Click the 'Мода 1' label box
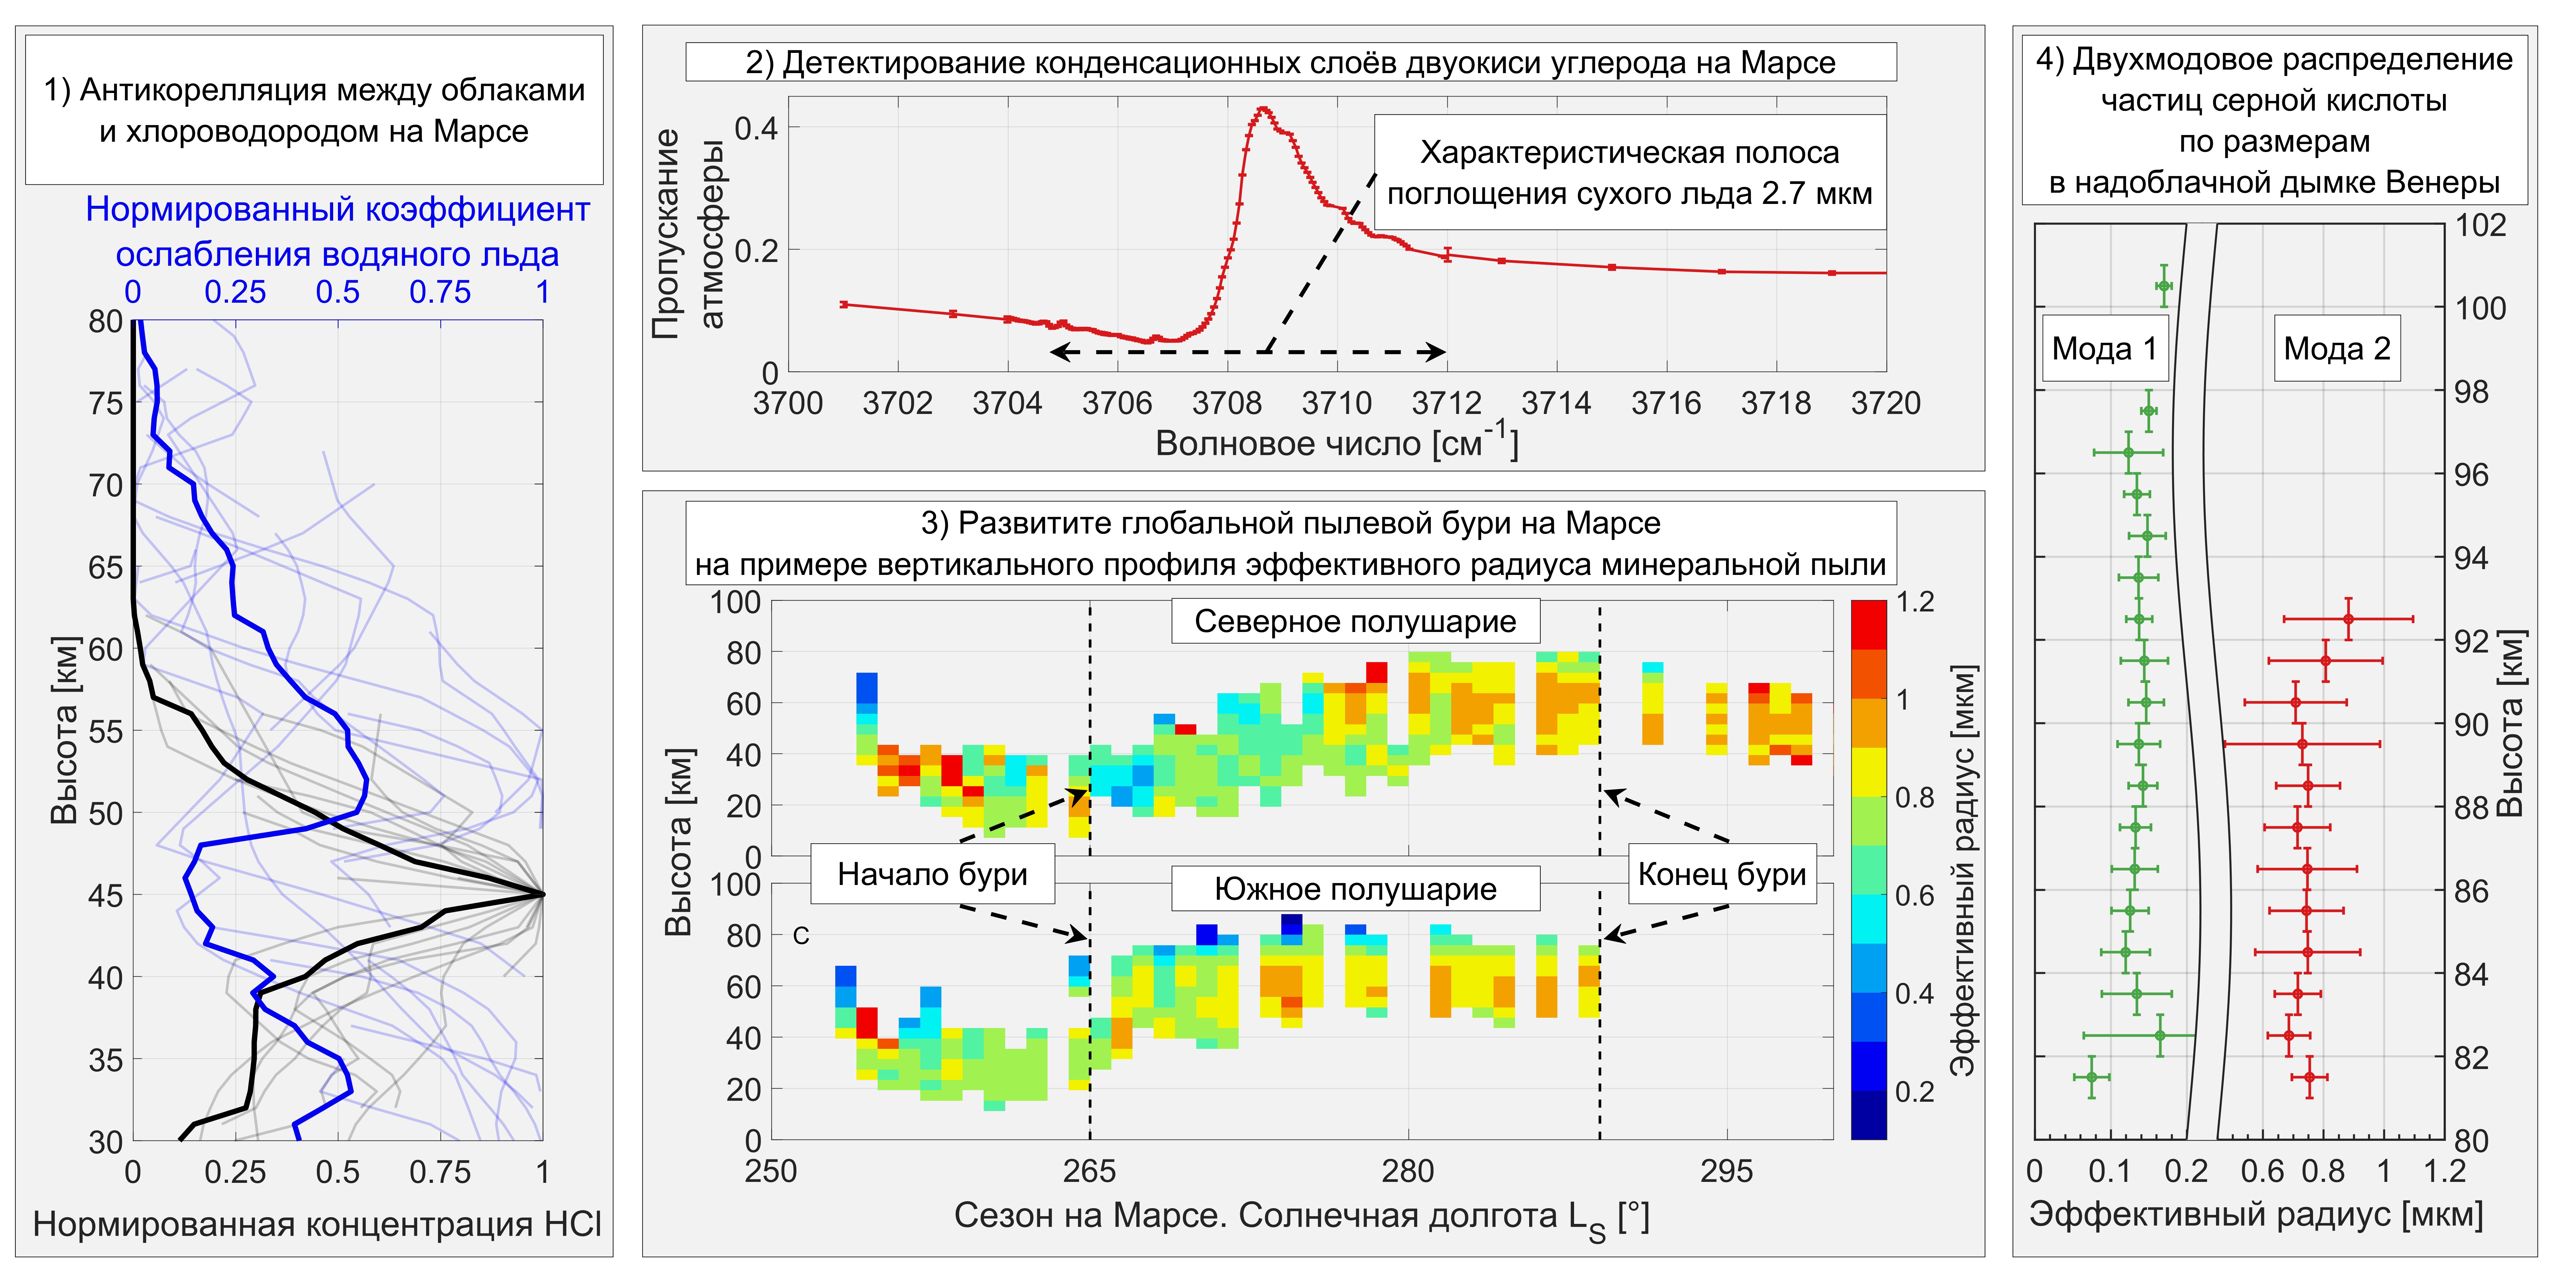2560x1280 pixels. tap(2104, 349)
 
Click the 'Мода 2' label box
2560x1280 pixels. tap(2337, 349)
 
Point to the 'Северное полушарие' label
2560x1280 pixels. tap(1356, 621)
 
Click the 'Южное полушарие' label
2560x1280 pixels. tap(1356, 888)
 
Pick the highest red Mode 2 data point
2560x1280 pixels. tap(2348, 619)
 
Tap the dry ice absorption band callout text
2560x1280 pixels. tap(1630, 173)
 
